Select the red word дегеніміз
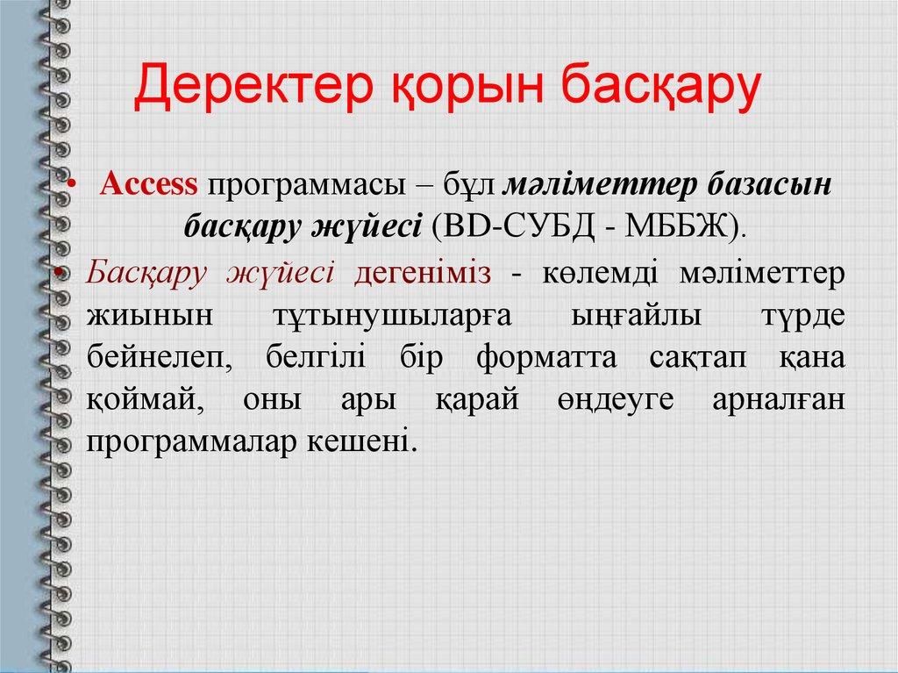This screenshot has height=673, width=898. point(422,274)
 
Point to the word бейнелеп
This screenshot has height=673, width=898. point(149,358)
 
